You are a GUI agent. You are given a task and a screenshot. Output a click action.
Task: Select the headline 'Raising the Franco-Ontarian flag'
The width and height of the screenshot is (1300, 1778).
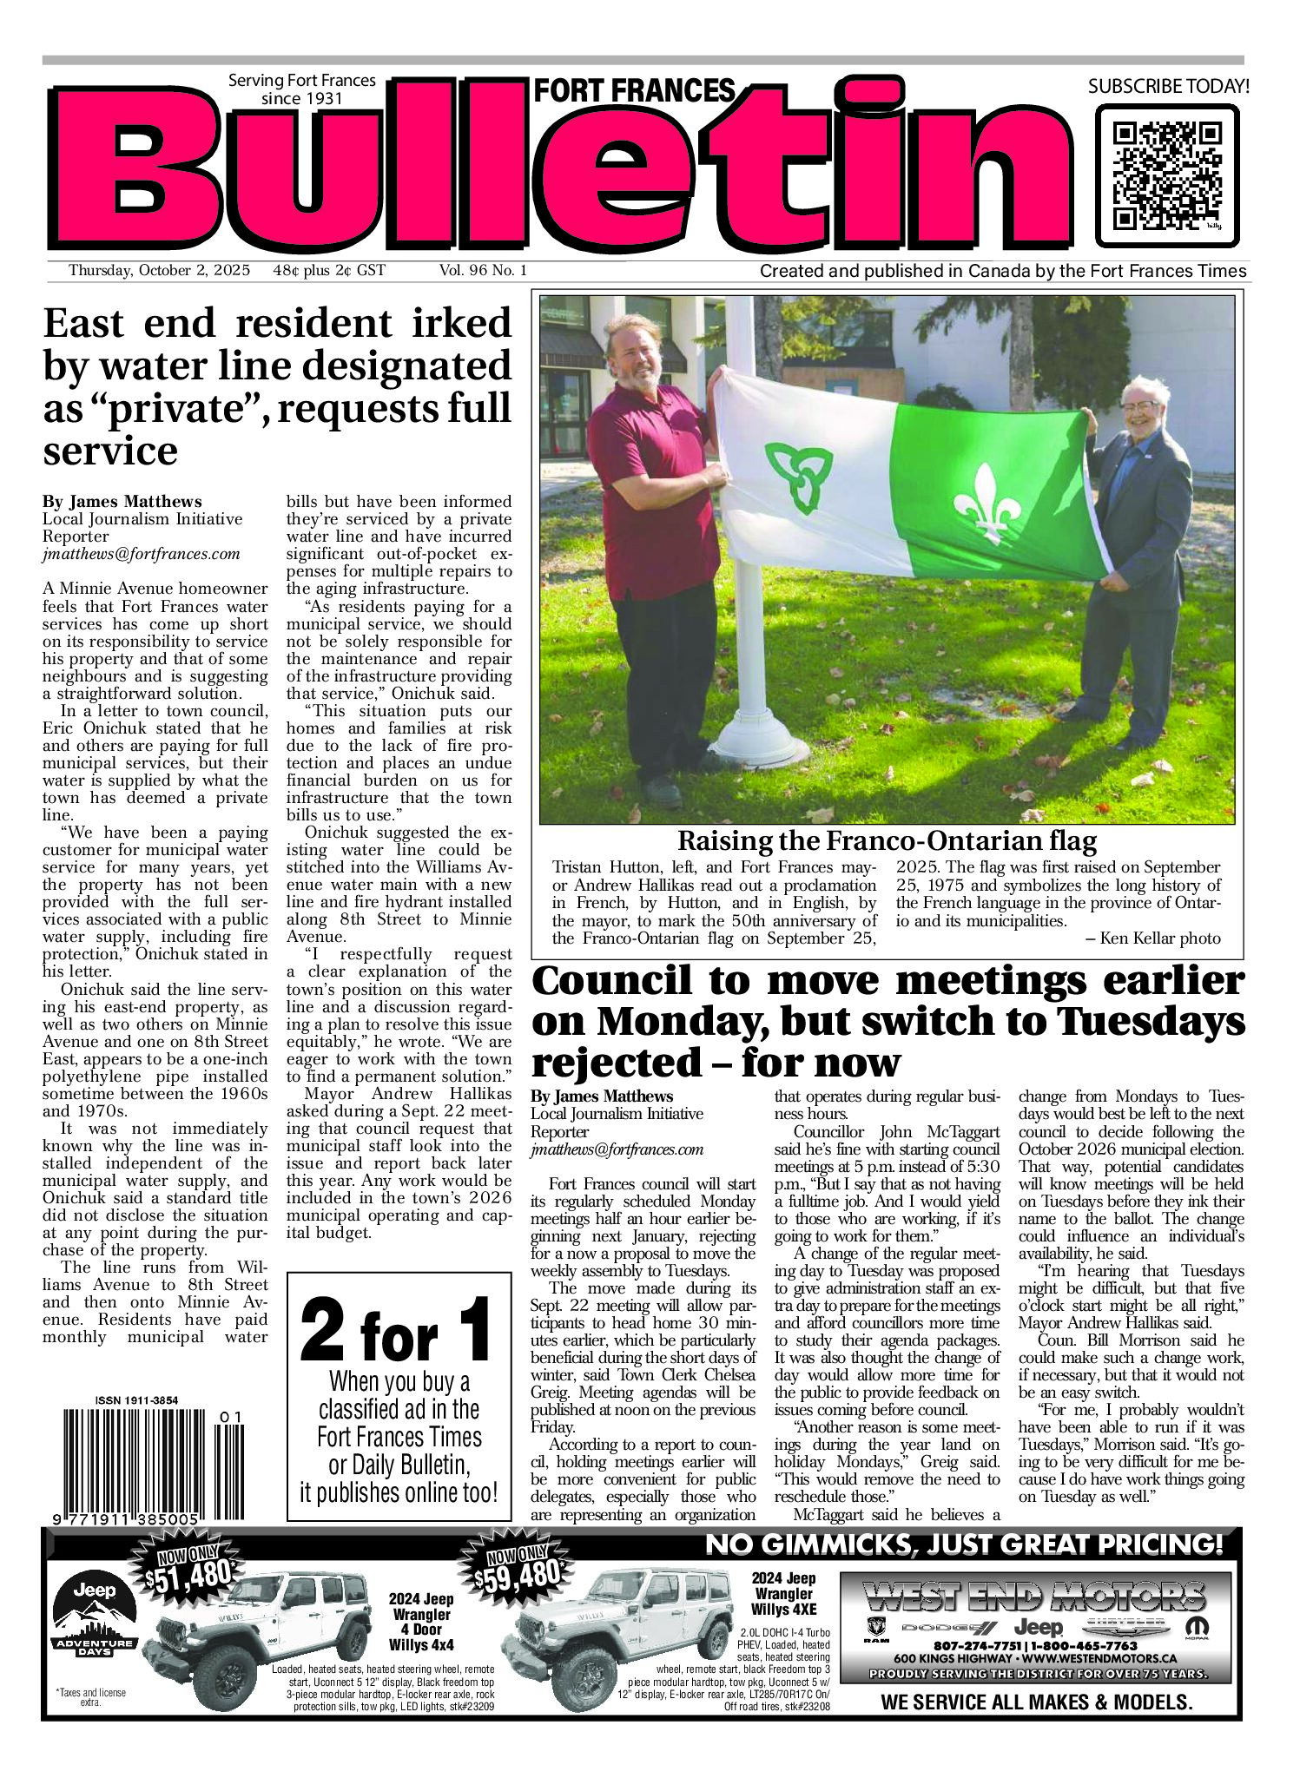[887, 840]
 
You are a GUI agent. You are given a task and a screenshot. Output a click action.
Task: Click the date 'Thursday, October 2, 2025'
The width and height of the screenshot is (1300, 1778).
[159, 270]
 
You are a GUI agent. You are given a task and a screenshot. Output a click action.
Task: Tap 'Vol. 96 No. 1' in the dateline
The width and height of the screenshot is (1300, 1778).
[483, 270]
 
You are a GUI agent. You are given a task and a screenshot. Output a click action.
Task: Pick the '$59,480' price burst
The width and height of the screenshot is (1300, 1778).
[518, 1571]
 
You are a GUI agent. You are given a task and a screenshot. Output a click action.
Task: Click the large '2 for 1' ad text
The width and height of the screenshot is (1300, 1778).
[396, 1329]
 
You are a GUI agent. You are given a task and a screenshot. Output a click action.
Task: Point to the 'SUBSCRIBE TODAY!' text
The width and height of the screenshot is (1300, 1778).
[1168, 86]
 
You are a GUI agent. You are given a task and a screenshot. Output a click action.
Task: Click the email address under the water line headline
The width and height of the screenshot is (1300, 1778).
[141, 554]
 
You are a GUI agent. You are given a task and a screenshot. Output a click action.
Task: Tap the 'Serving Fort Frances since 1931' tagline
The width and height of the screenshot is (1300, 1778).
[301, 89]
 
